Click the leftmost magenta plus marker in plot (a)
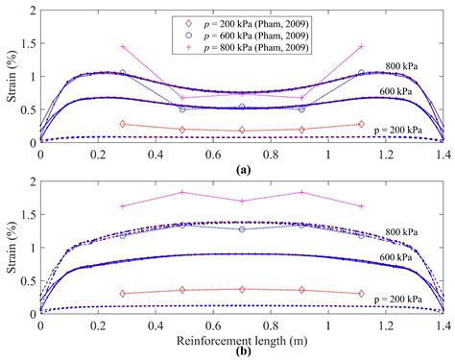point(122,46)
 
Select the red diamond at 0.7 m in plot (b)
point(242,289)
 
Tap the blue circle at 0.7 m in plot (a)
point(242,107)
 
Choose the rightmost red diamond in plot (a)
point(361,124)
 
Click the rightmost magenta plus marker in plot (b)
point(361,205)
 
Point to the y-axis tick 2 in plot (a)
point(32,10)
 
